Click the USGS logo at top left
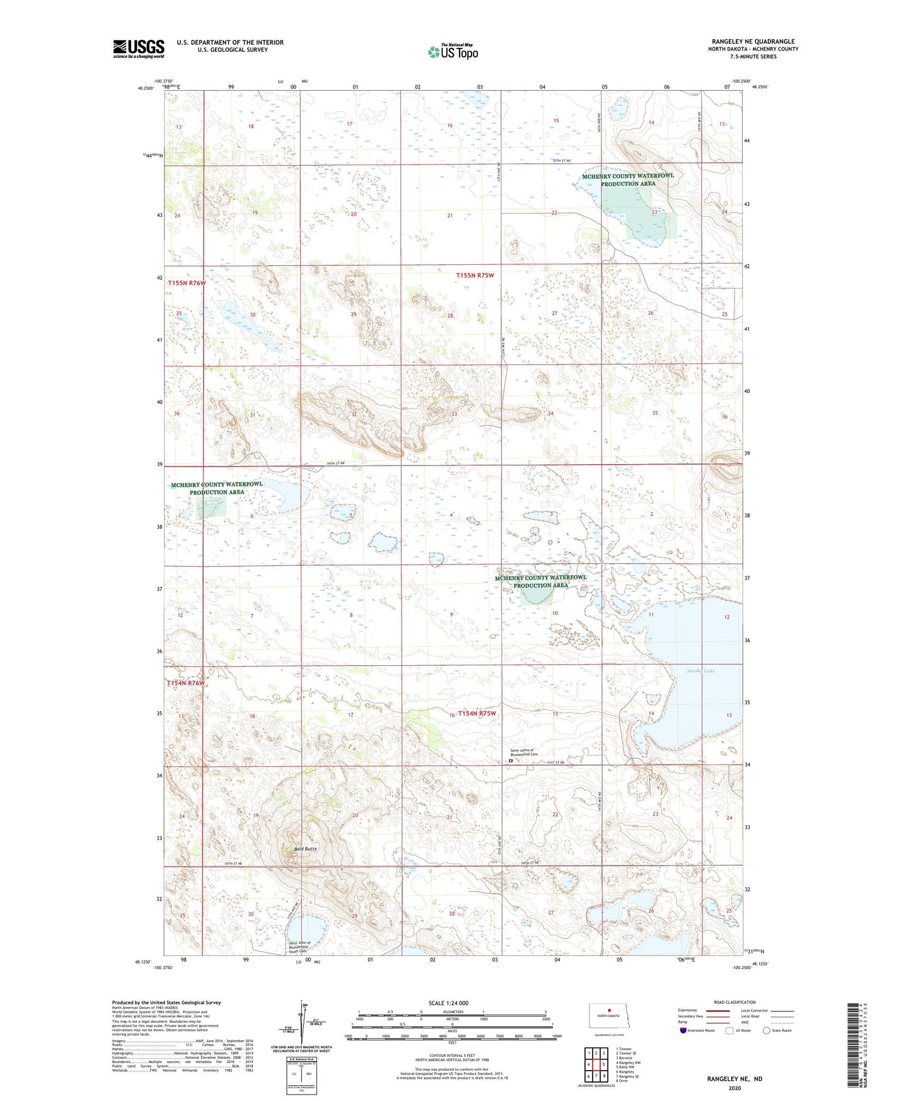coord(138,49)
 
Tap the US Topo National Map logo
coord(453,51)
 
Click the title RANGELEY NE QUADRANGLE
coord(753,42)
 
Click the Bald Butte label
coord(305,849)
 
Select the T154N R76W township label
coord(186,683)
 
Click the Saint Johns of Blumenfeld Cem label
coord(524,752)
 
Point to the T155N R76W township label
coord(187,283)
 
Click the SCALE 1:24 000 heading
coord(448,1003)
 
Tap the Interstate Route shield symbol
coord(683,1030)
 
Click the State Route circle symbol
coord(767,1030)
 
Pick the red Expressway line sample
coord(717,1011)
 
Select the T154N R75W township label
coord(477,714)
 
